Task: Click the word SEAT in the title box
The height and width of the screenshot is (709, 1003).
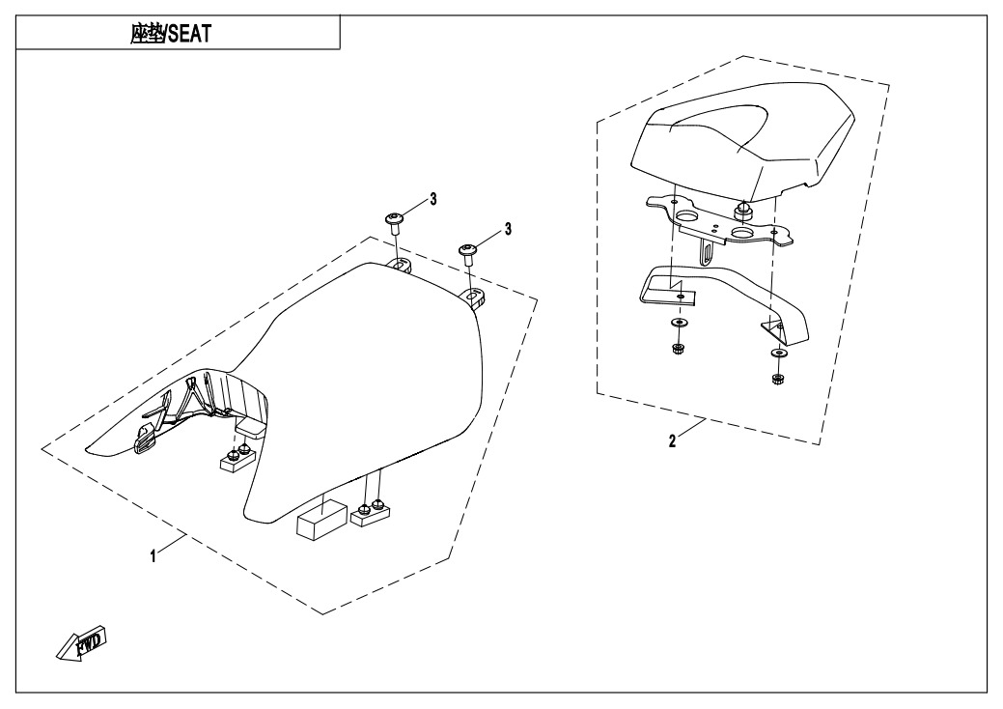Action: point(190,34)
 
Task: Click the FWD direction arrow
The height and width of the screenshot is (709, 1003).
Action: point(81,641)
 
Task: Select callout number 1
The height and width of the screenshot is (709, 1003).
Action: point(153,556)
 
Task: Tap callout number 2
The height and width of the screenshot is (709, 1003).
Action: point(672,440)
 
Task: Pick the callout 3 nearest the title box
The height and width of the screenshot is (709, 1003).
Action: point(433,200)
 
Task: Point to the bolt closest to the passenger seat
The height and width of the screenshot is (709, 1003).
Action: point(466,251)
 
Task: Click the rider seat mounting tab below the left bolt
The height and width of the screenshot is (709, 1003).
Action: point(399,265)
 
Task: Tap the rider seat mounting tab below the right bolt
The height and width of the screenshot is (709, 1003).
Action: point(473,298)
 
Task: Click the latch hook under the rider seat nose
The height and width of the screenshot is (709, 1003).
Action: point(145,440)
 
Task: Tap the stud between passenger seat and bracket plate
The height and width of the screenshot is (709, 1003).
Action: point(742,209)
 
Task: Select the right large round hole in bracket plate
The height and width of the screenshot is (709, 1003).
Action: point(742,232)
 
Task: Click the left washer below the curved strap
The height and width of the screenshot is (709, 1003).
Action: point(677,324)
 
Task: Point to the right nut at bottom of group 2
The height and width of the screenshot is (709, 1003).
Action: point(778,379)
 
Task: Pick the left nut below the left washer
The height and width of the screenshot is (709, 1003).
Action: point(676,349)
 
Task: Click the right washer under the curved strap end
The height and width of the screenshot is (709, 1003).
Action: point(780,354)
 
